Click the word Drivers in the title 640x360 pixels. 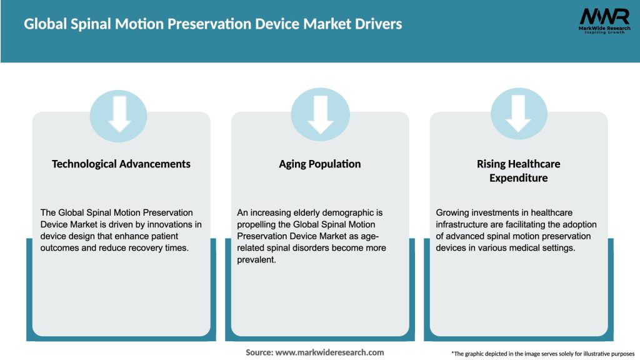pyautogui.click(x=377, y=24)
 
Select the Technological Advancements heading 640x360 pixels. pyautogui.click(x=121, y=164)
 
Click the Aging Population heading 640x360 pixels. pyautogui.click(x=320, y=164)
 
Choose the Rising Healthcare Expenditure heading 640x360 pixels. pyautogui.click(x=518, y=171)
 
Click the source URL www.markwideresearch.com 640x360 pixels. pyautogui.click(x=330, y=352)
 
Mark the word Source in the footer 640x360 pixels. pyautogui.click(x=259, y=352)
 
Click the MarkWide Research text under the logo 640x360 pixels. pyautogui.click(x=599, y=29)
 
